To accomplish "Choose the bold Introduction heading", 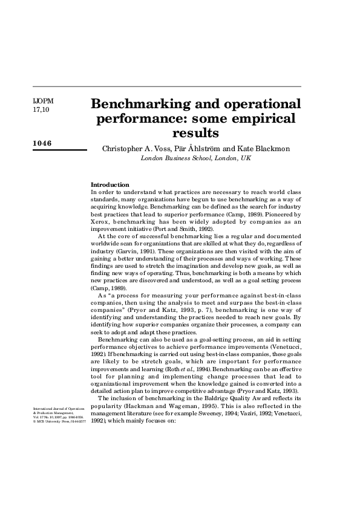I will pyautogui.click(x=110, y=184).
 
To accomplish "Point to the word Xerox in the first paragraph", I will pyautogui.click(x=100, y=213).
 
